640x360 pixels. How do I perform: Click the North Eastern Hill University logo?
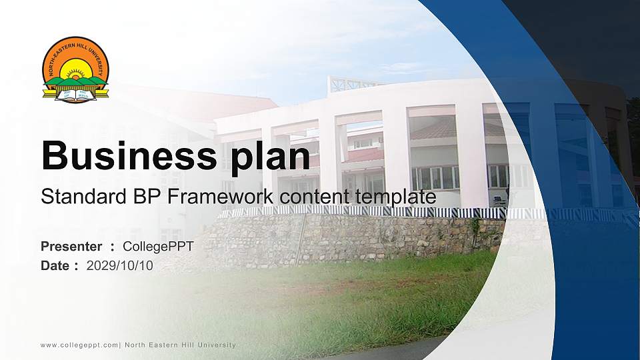coord(75,70)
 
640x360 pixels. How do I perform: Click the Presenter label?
coord(71,247)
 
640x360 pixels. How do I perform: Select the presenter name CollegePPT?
coord(158,247)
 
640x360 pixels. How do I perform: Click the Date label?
coord(55,265)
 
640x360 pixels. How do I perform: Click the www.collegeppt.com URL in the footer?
coord(79,345)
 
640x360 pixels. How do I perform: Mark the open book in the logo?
coord(75,94)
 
